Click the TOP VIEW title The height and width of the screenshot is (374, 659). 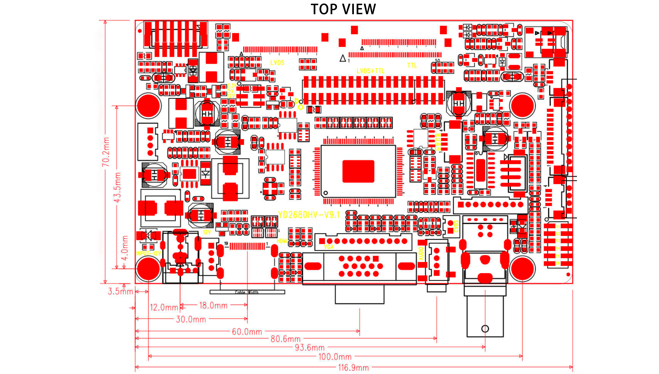(x=343, y=9)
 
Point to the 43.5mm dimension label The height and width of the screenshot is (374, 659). (x=117, y=187)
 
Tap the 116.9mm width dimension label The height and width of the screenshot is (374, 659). (x=353, y=368)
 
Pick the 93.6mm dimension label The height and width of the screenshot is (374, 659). (x=310, y=348)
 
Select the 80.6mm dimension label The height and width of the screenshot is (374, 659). (x=285, y=339)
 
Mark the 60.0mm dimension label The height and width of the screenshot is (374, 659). (x=247, y=332)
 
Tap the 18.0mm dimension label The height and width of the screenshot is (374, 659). (x=213, y=305)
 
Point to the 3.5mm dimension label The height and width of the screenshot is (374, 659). (x=120, y=291)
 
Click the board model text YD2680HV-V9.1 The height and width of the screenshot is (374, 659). (x=309, y=215)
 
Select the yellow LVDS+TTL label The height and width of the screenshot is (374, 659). (x=371, y=71)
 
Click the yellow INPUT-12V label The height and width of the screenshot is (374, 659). (x=148, y=253)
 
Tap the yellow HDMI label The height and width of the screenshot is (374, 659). (x=282, y=241)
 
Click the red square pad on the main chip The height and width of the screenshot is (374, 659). (x=358, y=171)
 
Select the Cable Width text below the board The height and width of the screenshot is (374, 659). (x=247, y=292)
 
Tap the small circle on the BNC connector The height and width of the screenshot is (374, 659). (x=485, y=328)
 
